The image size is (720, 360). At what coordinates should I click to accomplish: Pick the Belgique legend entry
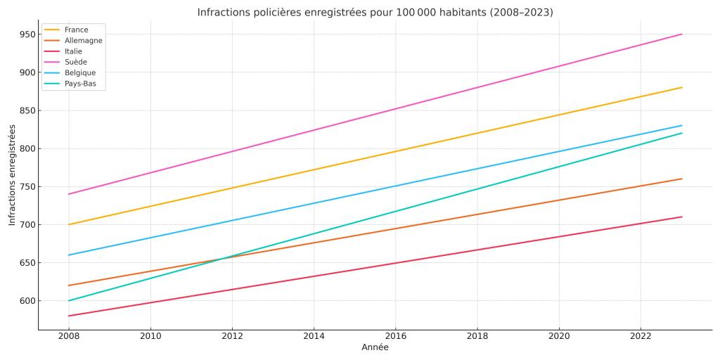click(79, 73)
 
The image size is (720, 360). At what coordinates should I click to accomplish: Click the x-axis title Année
click(375, 348)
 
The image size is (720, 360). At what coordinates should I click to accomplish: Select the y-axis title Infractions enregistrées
click(12, 175)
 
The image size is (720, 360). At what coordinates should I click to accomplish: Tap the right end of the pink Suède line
click(682, 34)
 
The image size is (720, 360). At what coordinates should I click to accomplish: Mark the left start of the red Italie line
click(69, 316)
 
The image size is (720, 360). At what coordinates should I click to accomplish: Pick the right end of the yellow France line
click(682, 87)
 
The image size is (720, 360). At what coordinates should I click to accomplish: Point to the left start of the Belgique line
click(69, 255)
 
